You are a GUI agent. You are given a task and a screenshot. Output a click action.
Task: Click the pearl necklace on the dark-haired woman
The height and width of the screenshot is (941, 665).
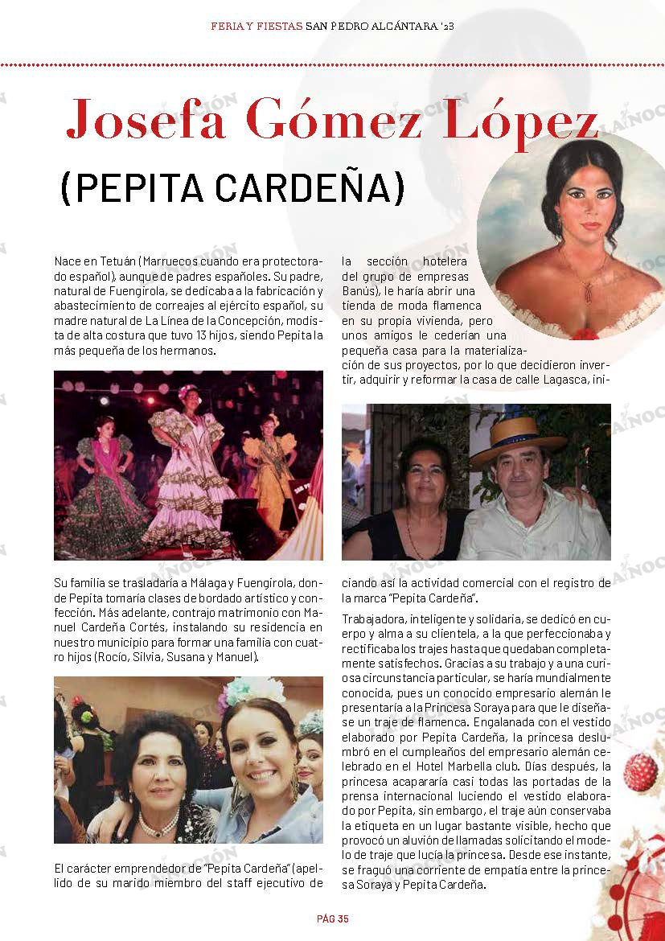coord(158,822)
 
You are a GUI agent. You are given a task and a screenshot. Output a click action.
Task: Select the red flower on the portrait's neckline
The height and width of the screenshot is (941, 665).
coord(585,333)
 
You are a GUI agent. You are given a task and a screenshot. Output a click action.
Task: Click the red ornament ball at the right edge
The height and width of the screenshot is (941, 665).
coord(641,772)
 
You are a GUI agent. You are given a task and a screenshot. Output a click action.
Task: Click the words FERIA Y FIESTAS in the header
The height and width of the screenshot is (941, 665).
coord(256,26)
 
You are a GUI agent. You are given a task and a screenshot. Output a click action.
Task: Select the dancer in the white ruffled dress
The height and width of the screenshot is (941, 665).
coord(190,475)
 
